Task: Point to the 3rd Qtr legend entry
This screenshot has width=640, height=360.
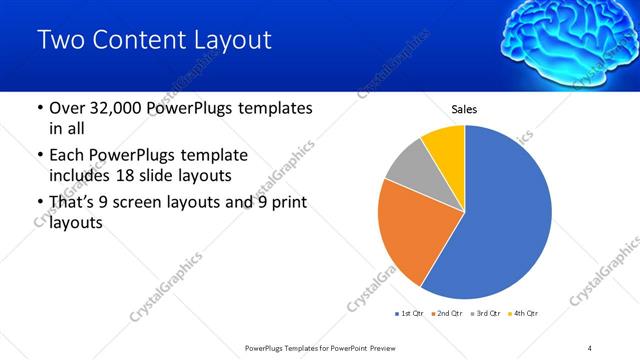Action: tap(485, 314)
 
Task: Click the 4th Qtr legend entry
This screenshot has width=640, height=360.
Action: tap(524, 314)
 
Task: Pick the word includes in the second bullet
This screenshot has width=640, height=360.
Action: tap(77, 176)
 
